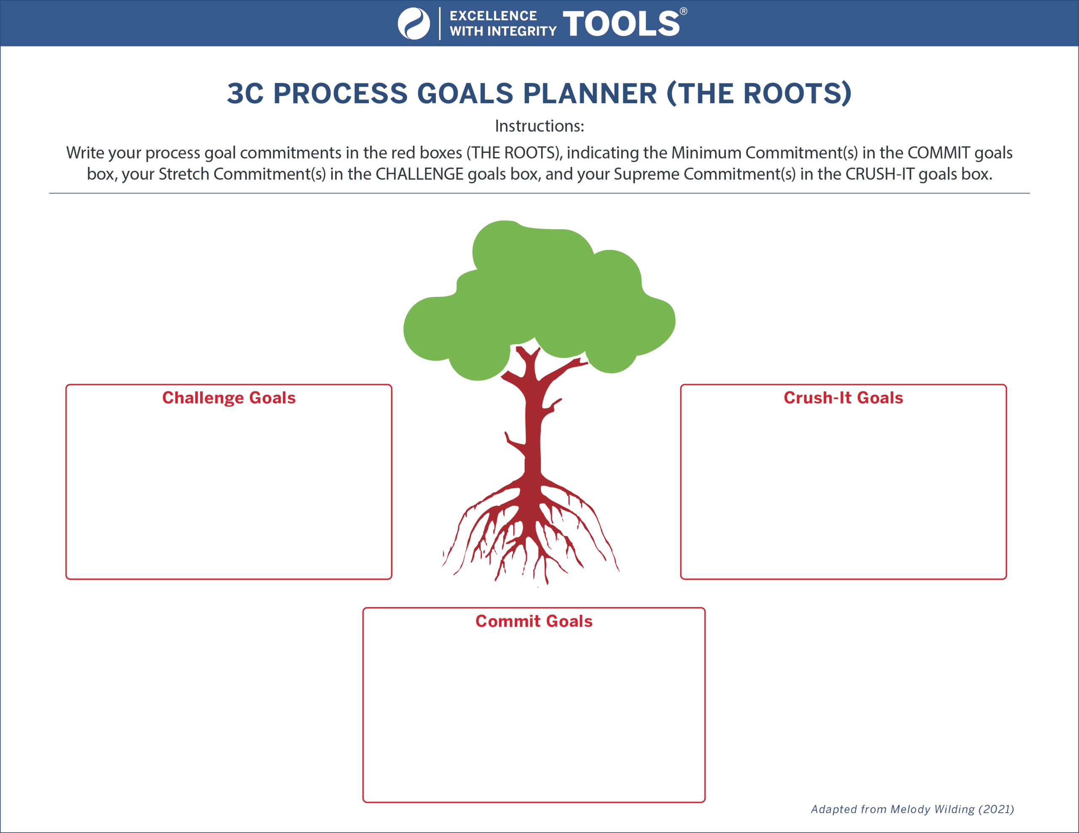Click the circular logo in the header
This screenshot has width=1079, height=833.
click(x=413, y=23)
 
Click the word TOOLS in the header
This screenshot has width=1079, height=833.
click(x=621, y=23)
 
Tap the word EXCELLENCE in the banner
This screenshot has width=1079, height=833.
click(x=493, y=16)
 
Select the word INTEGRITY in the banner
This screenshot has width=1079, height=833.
click(x=522, y=31)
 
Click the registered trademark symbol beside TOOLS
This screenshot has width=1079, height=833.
click(x=683, y=11)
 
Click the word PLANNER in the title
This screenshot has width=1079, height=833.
click(x=590, y=93)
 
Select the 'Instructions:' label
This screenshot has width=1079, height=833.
click(x=539, y=126)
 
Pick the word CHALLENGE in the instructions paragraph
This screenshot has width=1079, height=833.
click(x=419, y=174)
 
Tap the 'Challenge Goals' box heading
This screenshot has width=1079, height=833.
click(x=229, y=398)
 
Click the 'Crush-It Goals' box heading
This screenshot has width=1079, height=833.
click(x=843, y=398)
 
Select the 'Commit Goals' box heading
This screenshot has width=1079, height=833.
click(x=534, y=621)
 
